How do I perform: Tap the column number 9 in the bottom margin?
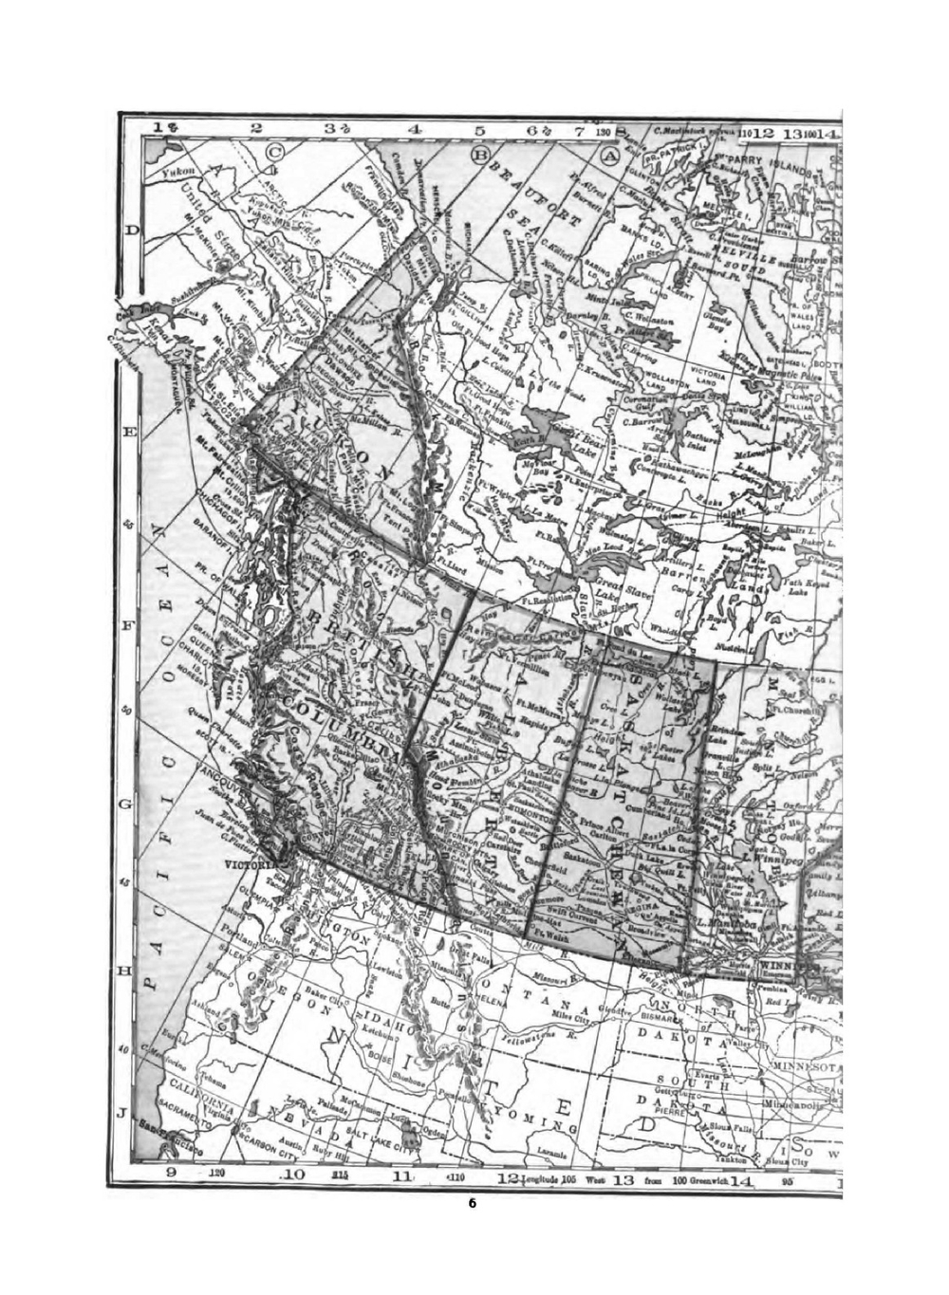click(x=172, y=1173)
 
